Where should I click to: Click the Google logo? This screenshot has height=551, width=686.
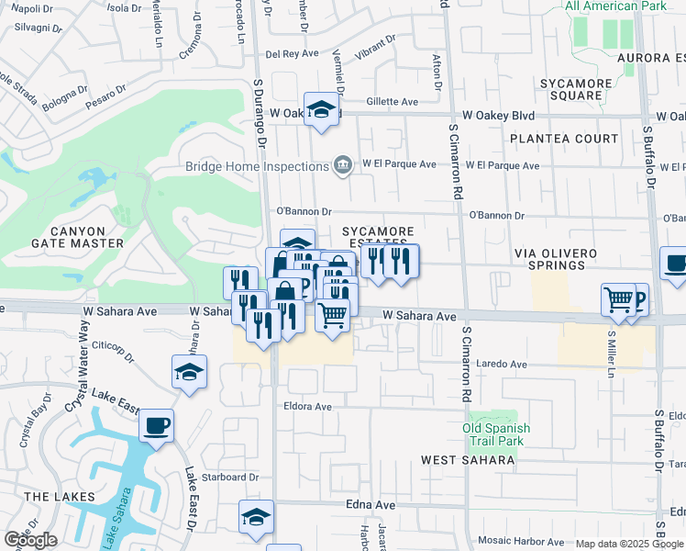[30, 540]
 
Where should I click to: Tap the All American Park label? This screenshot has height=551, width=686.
[614, 6]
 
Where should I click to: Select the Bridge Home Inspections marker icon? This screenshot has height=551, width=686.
[343, 165]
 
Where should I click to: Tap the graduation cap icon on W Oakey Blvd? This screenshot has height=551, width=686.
[321, 110]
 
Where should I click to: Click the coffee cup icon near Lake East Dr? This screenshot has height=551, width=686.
[155, 426]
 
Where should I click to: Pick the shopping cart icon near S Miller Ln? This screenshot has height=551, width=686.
[619, 299]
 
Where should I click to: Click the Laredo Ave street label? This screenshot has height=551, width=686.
[501, 365]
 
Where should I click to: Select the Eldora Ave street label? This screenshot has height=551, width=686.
[307, 406]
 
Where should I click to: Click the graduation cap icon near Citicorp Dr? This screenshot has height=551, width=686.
[189, 372]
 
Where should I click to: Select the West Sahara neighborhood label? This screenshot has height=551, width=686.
[468, 459]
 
